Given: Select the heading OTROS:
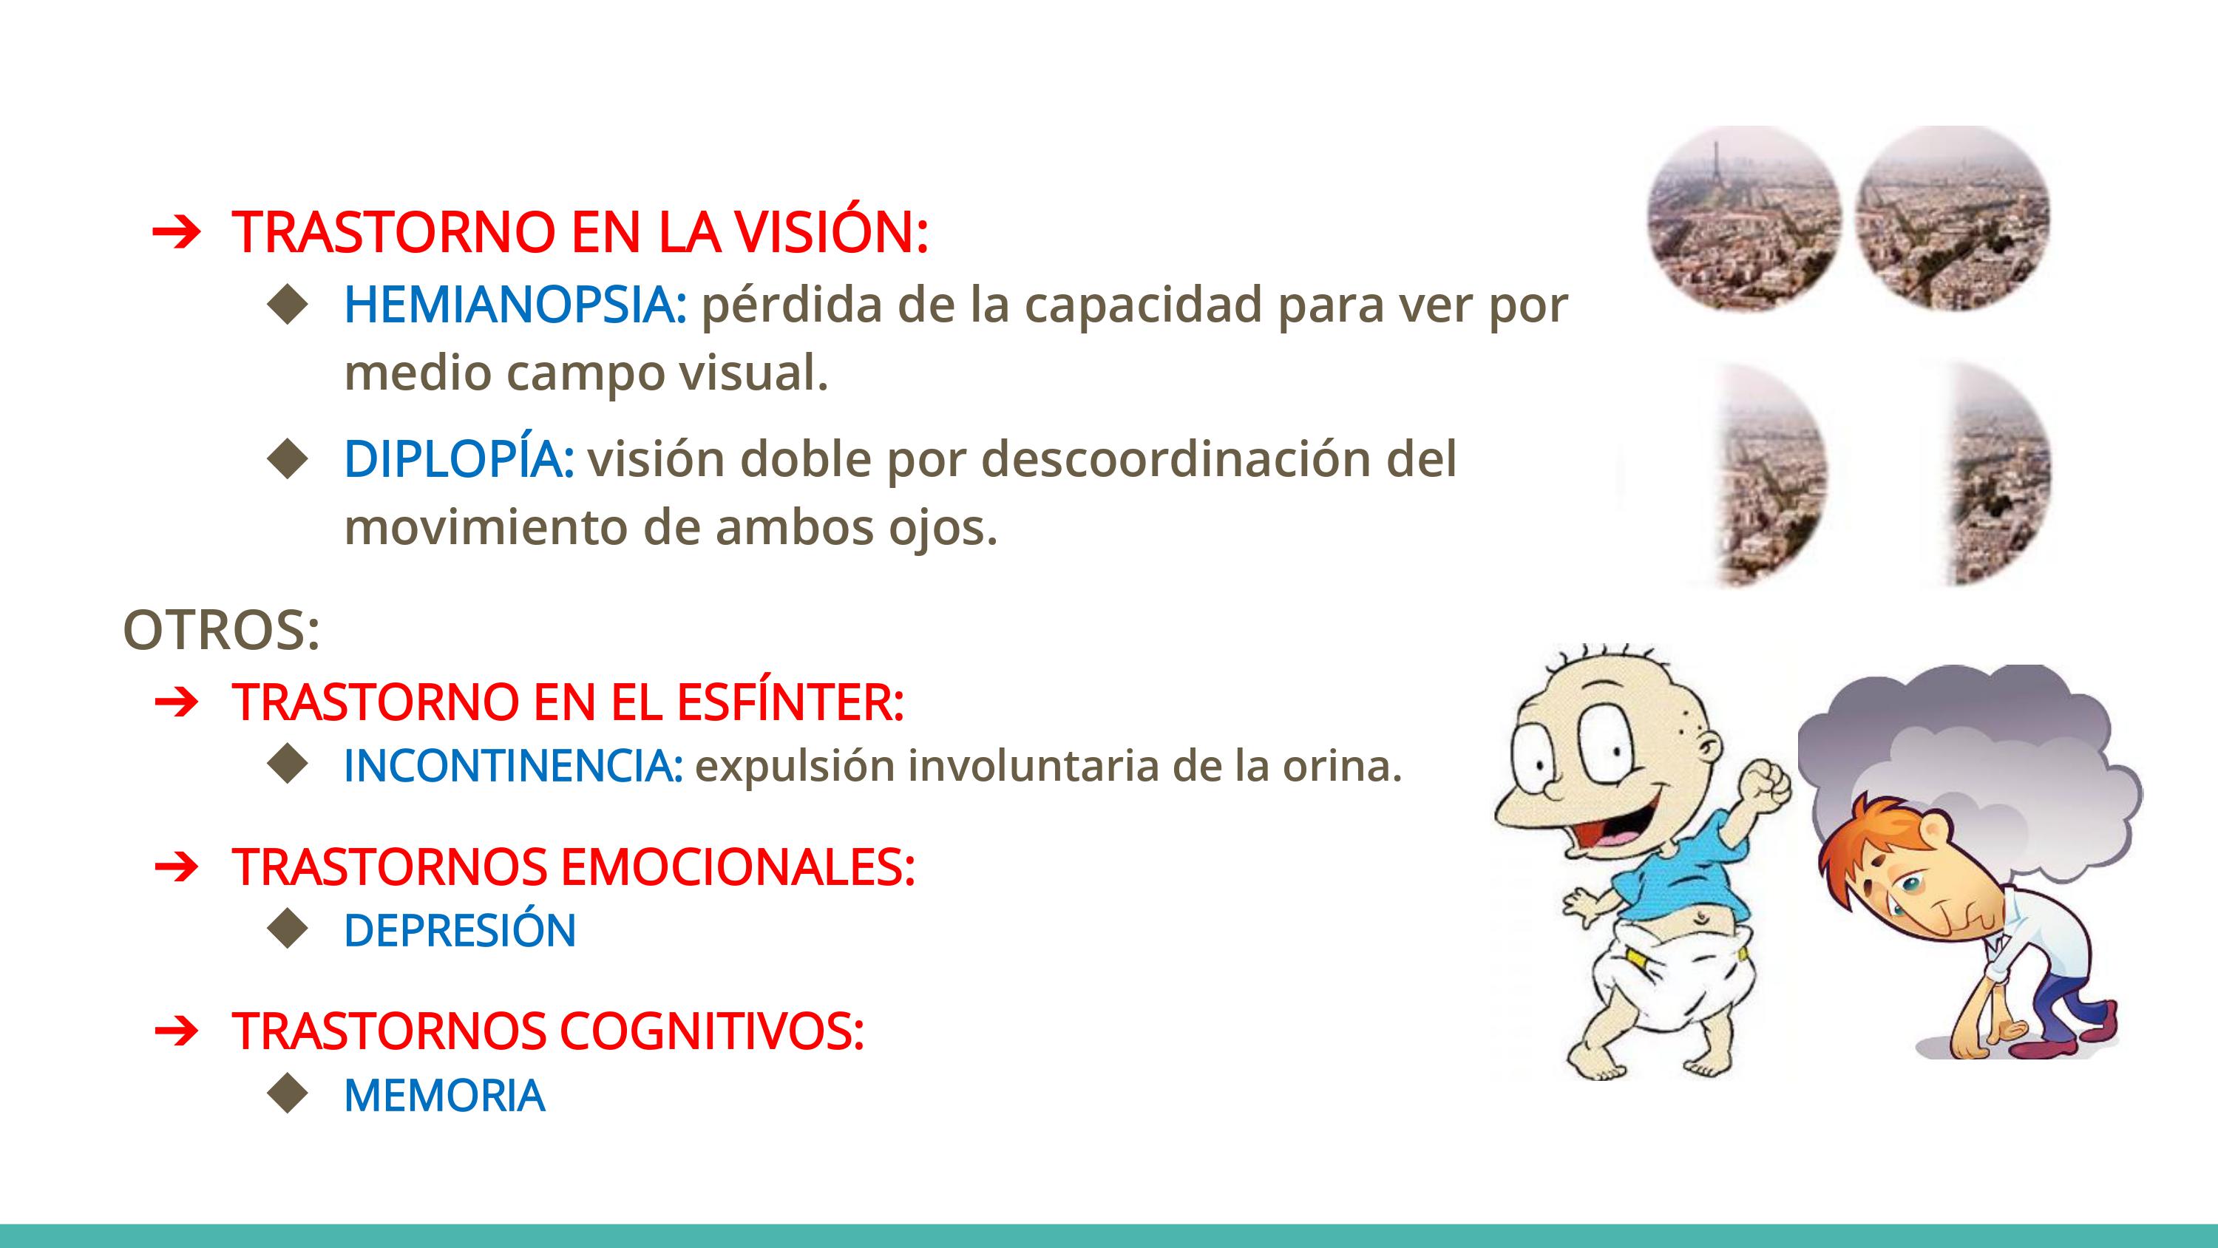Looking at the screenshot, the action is click(x=222, y=631).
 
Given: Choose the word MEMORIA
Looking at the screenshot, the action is click(x=444, y=1096).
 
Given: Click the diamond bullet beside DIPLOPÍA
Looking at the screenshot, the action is click(x=287, y=458).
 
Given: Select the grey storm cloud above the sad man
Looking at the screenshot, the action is click(x=1972, y=758).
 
